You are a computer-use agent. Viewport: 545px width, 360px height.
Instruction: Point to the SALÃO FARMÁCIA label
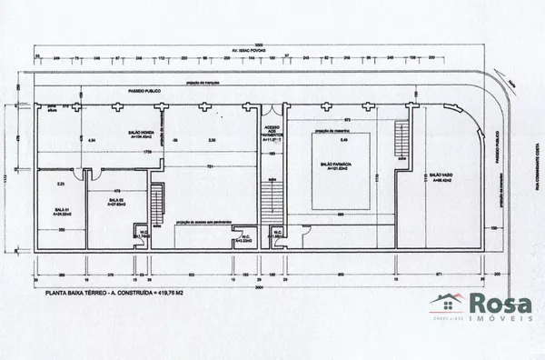tap(337, 165)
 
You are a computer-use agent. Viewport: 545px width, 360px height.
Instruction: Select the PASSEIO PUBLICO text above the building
tap(144, 93)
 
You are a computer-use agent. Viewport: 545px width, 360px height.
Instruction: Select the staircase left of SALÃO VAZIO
tap(402, 143)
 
